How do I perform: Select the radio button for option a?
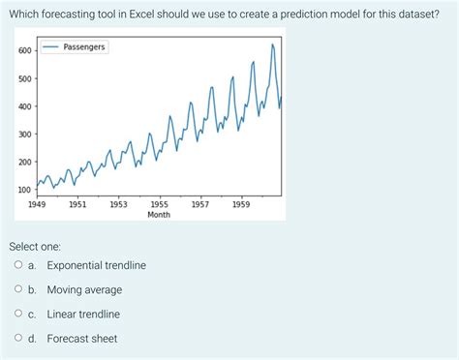tap(18, 265)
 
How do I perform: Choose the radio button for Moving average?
tap(18, 289)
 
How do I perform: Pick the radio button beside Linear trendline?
tap(18, 314)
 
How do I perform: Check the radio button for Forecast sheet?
tap(18, 339)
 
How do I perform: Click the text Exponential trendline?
tap(96, 265)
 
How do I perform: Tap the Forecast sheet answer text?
tap(81, 339)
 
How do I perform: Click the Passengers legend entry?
tap(83, 46)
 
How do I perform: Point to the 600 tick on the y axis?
tap(24, 50)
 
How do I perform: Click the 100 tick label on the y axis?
tap(24, 190)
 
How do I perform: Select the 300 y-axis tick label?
tap(24, 134)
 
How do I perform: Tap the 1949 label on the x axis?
tap(37, 204)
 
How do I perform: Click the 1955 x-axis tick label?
tap(159, 204)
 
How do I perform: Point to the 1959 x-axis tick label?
tap(241, 204)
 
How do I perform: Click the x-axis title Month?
tap(159, 215)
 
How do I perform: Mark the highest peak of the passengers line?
tap(272, 45)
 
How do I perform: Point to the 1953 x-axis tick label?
tap(118, 204)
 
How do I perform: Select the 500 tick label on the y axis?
tap(24, 78)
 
